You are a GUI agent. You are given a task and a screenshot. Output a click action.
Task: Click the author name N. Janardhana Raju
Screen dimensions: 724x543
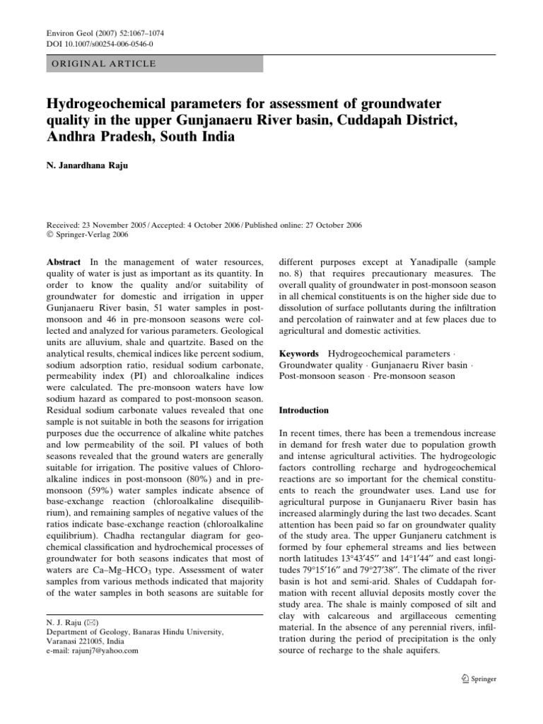click(x=93, y=169)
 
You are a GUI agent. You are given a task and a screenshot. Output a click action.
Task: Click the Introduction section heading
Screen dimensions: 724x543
click(x=304, y=410)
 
